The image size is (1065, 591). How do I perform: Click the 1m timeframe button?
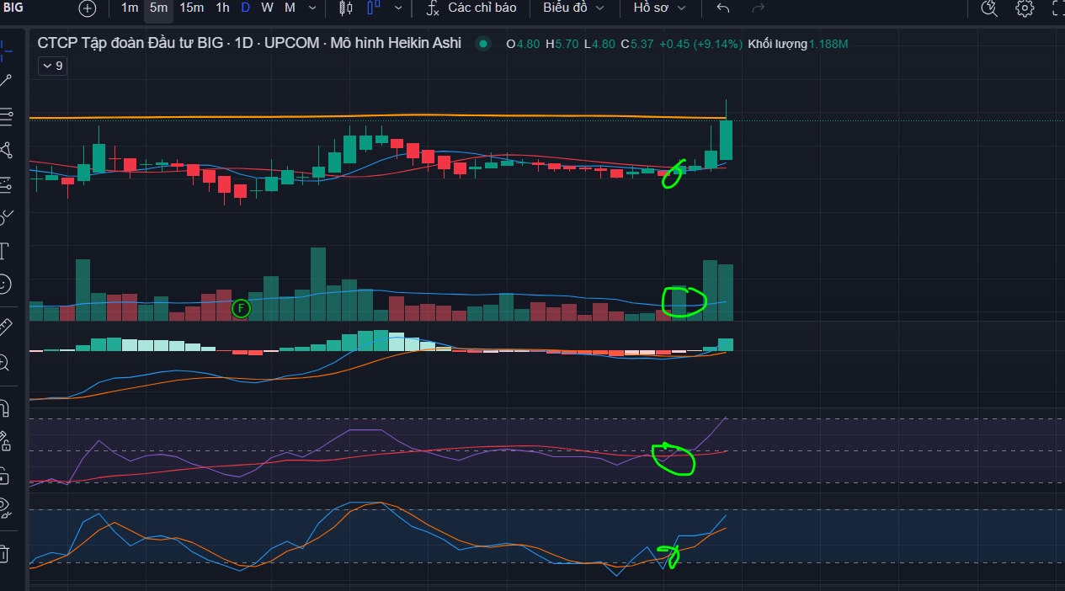tap(130, 8)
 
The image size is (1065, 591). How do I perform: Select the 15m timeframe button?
tap(192, 8)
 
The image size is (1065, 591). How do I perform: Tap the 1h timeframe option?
tap(222, 8)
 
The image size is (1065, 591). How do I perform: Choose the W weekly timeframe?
tap(267, 8)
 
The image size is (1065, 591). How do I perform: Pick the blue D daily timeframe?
tap(245, 8)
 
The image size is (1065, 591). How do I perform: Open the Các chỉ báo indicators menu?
tap(471, 8)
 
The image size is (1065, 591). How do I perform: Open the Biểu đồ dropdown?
tap(573, 8)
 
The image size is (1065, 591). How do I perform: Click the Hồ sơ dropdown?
tap(659, 8)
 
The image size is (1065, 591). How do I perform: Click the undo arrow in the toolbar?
tap(722, 8)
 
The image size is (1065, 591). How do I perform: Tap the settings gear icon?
tap(1025, 8)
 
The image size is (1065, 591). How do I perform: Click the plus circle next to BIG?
tap(87, 8)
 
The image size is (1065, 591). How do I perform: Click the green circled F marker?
tap(241, 309)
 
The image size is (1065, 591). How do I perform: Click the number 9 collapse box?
tap(53, 66)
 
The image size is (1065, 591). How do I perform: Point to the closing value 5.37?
tap(642, 45)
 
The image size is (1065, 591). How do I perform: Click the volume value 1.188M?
tap(828, 45)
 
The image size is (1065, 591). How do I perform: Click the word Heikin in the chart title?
tap(403, 43)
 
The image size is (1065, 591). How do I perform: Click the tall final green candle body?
tap(726, 140)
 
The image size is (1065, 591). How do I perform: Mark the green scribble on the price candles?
tap(673, 174)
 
